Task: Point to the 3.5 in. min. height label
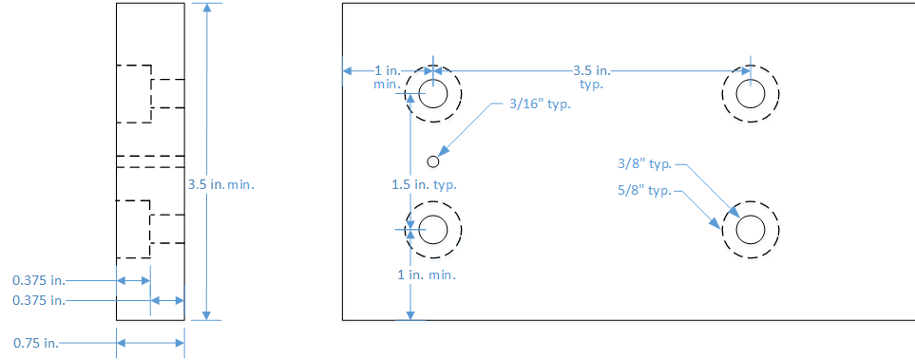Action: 221,185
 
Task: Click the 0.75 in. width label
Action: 35,343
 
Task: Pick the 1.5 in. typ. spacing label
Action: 424,185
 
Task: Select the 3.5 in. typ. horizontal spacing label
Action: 591,77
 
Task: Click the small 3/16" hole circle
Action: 432,161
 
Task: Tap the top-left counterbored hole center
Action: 432,94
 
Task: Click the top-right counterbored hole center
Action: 751,94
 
